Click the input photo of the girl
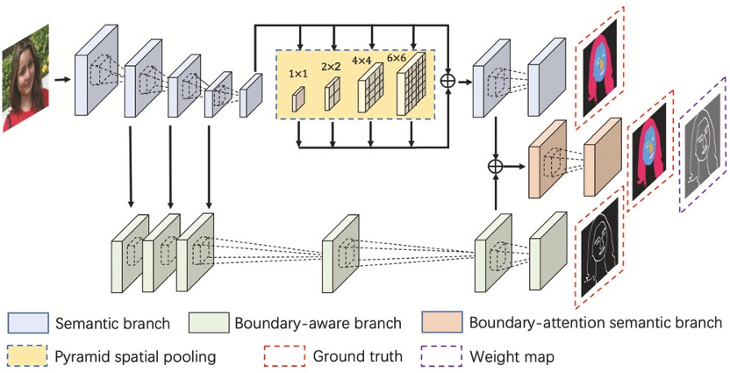[x=24, y=80]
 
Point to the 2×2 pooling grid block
[x=333, y=94]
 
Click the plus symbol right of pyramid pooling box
[x=448, y=80]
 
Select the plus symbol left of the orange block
[x=497, y=164]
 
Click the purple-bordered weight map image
[x=702, y=144]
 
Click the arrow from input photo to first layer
[x=61, y=79]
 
